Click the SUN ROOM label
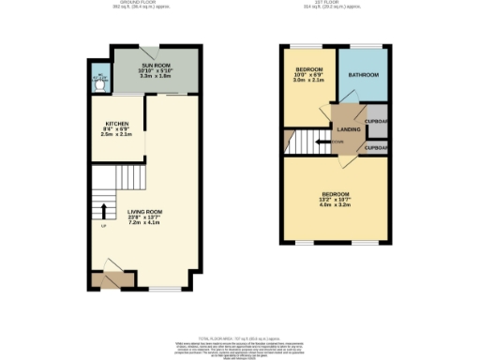[156, 65]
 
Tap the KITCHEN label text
[117, 124]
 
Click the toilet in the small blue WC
[100, 82]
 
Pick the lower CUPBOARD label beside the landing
[378, 148]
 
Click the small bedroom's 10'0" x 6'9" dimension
[308, 76]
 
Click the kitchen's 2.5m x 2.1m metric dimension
[117, 135]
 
